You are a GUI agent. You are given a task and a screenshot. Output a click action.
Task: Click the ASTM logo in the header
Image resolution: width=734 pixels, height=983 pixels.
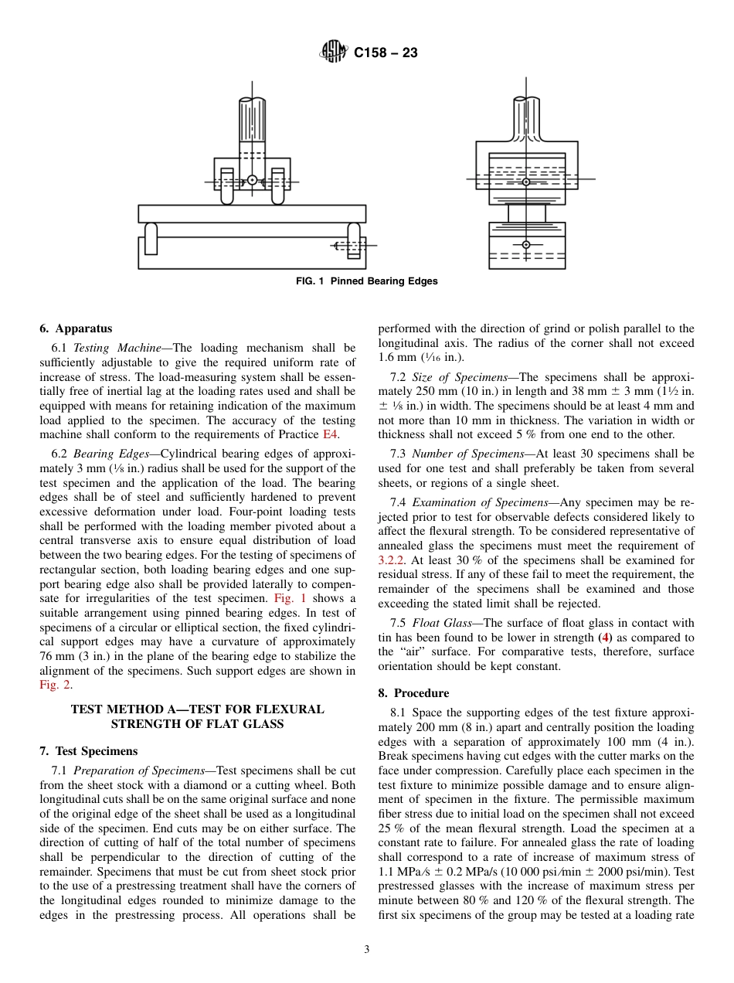(333, 53)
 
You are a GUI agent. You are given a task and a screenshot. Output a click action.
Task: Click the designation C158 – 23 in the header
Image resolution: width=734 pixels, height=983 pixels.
(386, 53)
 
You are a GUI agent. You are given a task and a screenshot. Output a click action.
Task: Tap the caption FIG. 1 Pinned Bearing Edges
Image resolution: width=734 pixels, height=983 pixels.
(367, 281)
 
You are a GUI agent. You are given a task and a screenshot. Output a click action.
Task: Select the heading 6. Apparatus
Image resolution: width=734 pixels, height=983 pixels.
(75, 328)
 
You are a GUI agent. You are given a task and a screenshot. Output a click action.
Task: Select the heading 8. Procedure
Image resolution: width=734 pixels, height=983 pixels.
(413, 693)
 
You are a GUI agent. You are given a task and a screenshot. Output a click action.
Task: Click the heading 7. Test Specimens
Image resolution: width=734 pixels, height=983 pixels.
(88, 750)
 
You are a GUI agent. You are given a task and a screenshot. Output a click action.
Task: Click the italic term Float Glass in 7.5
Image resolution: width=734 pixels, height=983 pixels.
(440, 623)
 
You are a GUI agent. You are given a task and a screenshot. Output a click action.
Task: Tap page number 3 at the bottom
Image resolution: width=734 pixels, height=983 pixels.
(367, 950)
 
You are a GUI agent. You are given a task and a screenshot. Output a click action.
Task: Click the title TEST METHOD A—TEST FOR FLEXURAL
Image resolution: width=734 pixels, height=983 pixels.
(197, 709)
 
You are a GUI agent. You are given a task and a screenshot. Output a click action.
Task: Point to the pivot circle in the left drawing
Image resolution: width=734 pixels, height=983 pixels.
(252, 180)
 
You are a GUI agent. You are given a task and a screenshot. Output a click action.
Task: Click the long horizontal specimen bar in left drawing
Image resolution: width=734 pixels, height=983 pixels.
(252, 213)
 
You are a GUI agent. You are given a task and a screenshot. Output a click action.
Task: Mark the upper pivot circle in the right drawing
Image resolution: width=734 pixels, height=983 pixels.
(526, 182)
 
